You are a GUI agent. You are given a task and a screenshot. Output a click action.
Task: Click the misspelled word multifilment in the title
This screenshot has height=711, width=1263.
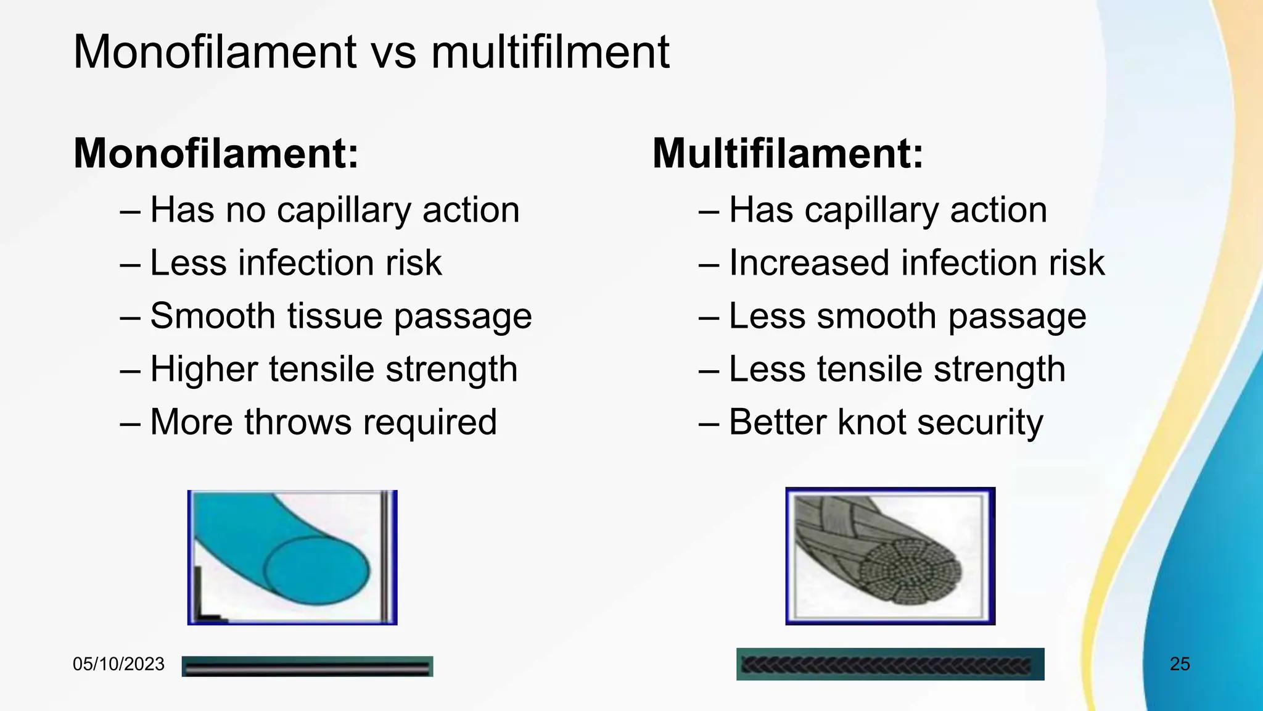tap(550, 52)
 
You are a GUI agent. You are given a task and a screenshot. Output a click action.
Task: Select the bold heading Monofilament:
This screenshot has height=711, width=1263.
tap(216, 153)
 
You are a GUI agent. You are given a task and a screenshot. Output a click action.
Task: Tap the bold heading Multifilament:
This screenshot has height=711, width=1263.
tap(788, 153)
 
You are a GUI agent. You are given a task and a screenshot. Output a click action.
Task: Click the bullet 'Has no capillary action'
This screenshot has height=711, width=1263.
tap(334, 210)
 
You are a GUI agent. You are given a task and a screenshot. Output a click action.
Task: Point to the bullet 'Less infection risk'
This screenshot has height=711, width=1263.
tap(295, 263)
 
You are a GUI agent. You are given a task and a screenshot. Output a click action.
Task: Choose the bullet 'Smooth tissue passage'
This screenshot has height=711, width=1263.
tap(340, 316)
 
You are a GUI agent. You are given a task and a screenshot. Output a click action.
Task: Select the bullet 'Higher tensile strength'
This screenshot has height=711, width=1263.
tap(333, 369)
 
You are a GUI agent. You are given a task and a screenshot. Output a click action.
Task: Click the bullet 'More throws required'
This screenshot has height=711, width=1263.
tap(323, 422)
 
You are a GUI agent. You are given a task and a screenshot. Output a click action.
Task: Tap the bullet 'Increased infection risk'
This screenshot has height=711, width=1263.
tap(916, 263)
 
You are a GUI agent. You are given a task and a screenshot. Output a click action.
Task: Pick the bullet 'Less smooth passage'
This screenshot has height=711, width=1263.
tap(907, 316)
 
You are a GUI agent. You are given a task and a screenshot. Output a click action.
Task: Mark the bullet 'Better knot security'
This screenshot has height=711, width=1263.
tap(886, 422)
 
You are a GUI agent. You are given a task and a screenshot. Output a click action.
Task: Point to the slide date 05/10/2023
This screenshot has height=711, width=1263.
tap(118, 664)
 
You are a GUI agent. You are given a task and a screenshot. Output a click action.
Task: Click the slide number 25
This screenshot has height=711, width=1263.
tap(1180, 664)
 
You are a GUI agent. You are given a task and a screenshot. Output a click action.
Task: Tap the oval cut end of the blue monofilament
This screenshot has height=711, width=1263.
tap(316, 570)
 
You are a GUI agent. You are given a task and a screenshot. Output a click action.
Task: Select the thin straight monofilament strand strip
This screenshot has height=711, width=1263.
tap(307, 667)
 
